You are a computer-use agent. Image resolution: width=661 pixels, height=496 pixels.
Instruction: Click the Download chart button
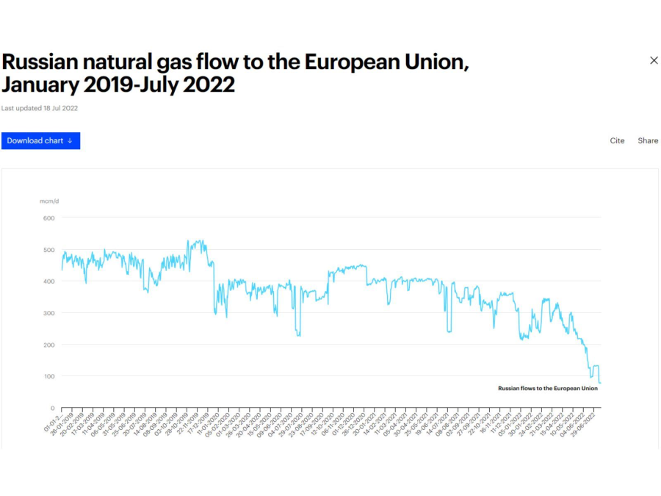pyautogui.click(x=40, y=141)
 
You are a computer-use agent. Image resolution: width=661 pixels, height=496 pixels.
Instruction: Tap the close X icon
pyautogui.click(x=654, y=60)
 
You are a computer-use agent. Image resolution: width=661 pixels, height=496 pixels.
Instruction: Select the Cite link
pyautogui.click(x=617, y=141)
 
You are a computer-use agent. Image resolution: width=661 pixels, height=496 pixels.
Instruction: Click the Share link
pyautogui.click(x=648, y=141)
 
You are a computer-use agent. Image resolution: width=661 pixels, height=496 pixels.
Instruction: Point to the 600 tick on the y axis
pyautogui.click(x=49, y=218)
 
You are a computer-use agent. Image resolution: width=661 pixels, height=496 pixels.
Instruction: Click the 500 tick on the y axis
pyautogui.click(x=49, y=250)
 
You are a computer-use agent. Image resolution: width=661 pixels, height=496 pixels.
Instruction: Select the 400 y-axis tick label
pyautogui.click(x=49, y=281)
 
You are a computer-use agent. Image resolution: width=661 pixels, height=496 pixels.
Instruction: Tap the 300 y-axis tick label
pyautogui.click(x=49, y=313)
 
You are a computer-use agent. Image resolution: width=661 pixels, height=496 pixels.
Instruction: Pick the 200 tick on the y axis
pyautogui.click(x=49, y=345)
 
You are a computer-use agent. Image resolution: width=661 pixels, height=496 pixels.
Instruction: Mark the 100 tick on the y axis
pyautogui.click(x=49, y=376)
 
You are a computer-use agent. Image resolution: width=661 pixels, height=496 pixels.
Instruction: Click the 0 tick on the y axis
pyautogui.click(x=52, y=408)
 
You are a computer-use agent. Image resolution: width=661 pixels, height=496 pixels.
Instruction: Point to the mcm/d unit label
pyautogui.click(x=49, y=201)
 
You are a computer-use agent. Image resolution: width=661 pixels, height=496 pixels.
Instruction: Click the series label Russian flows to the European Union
pyautogui.click(x=547, y=388)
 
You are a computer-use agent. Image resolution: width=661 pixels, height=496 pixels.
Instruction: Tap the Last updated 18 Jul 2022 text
pyautogui.click(x=40, y=108)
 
